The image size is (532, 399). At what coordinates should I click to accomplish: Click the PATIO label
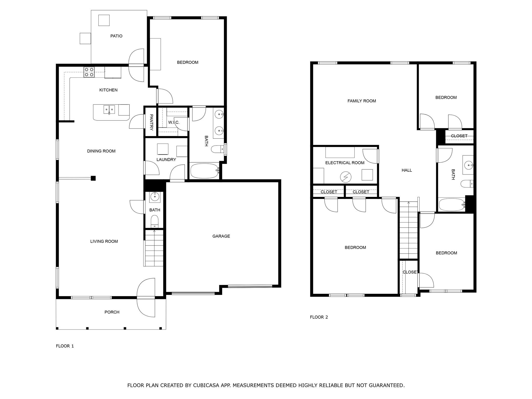(x=116, y=36)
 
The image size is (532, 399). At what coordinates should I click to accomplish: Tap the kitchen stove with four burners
(x=89, y=72)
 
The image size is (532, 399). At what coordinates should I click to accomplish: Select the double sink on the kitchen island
(x=109, y=109)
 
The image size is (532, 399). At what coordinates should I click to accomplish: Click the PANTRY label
(x=151, y=122)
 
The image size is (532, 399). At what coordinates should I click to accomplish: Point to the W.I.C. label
(x=174, y=122)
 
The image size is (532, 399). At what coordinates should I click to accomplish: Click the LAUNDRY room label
(x=166, y=159)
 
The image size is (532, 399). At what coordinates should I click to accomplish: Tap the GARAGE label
(x=221, y=236)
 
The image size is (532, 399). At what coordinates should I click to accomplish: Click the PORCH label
(x=112, y=312)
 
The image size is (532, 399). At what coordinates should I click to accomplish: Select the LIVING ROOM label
(x=104, y=241)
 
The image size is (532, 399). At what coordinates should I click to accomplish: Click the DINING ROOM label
(x=101, y=151)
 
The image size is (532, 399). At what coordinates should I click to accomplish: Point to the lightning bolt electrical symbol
(x=346, y=177)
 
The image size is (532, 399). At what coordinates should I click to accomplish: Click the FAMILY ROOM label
(x=362, y=101)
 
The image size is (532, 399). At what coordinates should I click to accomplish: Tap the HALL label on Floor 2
(x=407, y=170)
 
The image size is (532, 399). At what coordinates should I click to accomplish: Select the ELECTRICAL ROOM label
(x=345, y=163)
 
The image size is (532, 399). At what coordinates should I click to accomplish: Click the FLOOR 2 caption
(x=319, y=317)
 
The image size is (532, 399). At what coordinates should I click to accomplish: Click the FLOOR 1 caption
(x=65, y=346)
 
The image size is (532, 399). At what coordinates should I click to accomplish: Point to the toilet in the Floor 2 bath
(x=467, y=184)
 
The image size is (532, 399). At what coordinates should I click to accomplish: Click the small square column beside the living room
(x=93, y=178)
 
